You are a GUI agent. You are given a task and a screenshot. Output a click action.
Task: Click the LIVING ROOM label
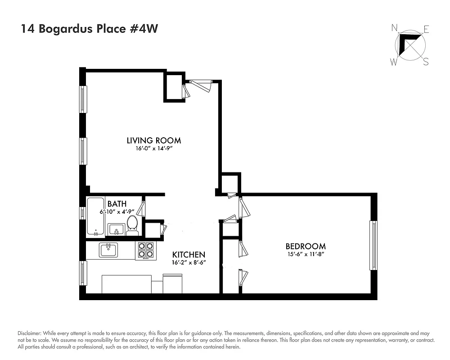tap(153, 140)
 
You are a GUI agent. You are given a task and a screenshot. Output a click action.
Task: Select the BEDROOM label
tap(305, 246)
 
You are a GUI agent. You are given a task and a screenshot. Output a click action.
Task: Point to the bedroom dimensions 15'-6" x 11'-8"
tap(305, 254)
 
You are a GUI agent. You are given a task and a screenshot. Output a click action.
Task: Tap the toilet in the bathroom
tap(132, 225)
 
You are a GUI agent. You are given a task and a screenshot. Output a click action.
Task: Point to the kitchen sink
tap(108, 250)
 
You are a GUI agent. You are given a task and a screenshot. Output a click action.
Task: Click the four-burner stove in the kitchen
tap(145, 251)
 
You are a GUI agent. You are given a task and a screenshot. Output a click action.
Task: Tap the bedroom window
tap(373, 245)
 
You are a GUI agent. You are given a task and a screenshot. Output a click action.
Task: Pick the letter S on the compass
tap(425, 63)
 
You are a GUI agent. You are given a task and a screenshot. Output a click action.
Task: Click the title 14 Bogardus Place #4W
tap(89, 29)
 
